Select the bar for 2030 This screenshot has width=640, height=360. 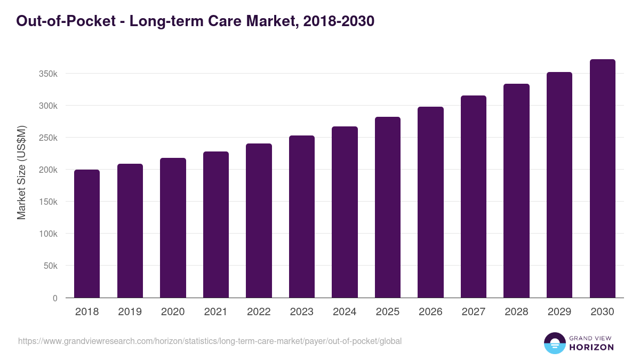(603, 179)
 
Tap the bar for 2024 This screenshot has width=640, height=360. (345, 212)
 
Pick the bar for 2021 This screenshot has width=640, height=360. (216, 225)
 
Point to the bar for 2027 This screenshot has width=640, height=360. (474, 197)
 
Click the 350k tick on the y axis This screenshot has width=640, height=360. (48, 74)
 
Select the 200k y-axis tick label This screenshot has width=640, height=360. (48, 170)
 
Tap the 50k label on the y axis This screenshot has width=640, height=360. (50, 266)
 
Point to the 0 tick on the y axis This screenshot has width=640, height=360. (55, 298)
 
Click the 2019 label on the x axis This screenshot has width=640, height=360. (130, 312)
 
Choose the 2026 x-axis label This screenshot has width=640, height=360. (430, 312)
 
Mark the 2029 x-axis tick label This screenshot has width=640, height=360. (559, 312)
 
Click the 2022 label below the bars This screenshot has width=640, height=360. (259, 312)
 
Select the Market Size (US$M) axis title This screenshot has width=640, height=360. (21, 172)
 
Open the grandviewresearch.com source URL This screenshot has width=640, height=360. (210, 341)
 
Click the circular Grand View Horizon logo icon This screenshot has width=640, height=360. (554, 343)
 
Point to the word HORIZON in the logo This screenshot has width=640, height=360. (591, 347)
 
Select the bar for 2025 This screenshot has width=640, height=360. (388, 207)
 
